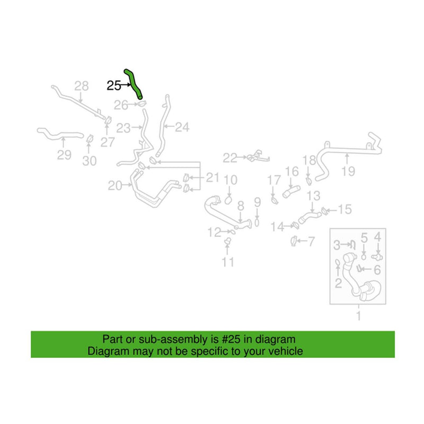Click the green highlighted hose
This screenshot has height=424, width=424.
coord(133,83)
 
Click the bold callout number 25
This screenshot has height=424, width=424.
coord(114,86)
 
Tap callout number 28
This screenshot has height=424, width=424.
coord(82,86)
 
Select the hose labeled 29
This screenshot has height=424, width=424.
coord(60,134)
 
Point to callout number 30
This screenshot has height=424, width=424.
coord(90,161)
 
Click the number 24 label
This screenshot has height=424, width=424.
coord(182,127)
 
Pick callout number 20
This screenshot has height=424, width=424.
coord(115,185)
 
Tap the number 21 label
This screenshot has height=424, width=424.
coord(213,178)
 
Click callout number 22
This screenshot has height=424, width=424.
coord(230,158)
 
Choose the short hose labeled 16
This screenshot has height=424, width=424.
coord(291,191)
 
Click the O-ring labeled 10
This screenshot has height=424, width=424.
coord(228,200)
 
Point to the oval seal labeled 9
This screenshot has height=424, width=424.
coord(257,223)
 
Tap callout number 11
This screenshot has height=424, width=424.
coord(228,262)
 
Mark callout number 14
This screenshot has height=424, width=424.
coord(277,227)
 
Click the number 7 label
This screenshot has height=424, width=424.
coord(311,242)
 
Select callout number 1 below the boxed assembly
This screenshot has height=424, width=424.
coord(359,316)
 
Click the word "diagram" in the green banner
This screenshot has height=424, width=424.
coord(276,339)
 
